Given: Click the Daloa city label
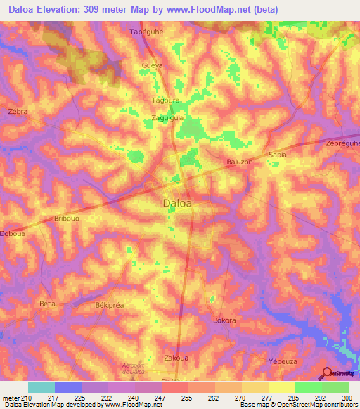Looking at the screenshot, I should coord(178,204).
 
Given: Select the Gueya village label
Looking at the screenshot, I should coord(153,65).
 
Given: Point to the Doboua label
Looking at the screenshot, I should coord(13,234).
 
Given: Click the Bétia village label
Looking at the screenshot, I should coord(47,304).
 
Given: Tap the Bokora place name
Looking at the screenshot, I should coord(224,320).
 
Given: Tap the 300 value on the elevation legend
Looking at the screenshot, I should coord(347,398).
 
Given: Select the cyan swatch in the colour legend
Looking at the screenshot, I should coord(41,387).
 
